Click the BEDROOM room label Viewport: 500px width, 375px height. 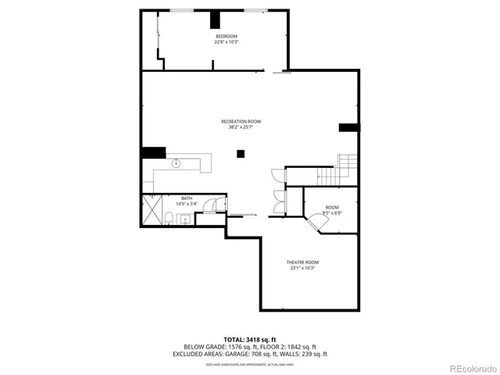[x=227, y=37]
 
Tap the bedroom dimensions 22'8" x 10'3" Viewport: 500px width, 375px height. [x=227, y=42]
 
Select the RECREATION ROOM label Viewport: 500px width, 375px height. [x=241, y=121]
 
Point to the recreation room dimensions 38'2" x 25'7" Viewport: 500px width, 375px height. [x=241, y=127]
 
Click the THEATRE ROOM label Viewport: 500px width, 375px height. [x=303, y=262]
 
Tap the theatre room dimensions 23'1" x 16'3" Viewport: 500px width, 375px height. [x=303, y=268]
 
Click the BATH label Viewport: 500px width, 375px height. [x=187, y=198]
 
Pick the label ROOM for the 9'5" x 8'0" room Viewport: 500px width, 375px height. [x=333, y=207]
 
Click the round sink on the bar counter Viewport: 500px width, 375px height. [x=177, y=163]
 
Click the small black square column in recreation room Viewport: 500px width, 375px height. [x=241, y=155]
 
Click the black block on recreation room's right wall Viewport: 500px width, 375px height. [x=348, y=127]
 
